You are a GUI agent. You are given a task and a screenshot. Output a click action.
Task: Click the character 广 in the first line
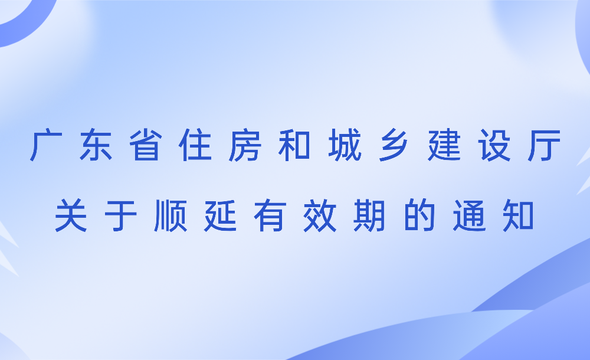[x=46, y=145]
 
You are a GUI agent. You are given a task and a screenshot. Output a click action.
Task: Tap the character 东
[x=96, y=145]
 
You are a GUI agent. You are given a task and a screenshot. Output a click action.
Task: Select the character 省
[x=146, y=145]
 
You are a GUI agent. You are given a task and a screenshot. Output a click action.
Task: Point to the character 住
[x=195, y=145]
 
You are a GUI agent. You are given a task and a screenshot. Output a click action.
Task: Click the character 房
[x=245, y=145]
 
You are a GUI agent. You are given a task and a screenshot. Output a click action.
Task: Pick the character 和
[x=294, y=145]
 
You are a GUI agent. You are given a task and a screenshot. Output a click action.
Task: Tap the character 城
[x=345, y=145]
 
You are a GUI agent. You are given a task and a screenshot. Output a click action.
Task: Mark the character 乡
[x=394, y=145]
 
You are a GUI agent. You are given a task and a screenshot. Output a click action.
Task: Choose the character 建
[x=444, y=145]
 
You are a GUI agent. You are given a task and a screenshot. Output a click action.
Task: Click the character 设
[x=494, y=145]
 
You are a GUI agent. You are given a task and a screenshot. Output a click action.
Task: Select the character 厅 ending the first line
[x=544, y=145]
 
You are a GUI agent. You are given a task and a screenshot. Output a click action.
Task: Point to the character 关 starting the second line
[x=71, y=215]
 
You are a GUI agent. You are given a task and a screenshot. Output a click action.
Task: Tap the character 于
[x=120, y=215]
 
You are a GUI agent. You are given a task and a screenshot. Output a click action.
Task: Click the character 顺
[x=171, y=215]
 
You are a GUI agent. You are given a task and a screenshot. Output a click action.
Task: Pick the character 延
[x=220, y=215]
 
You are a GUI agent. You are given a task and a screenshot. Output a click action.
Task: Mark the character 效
[x=320, y=215]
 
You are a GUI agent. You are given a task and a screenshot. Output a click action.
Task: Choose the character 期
[x=369, y=215]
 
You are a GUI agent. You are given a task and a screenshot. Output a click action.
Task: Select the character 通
[x=469, y=215]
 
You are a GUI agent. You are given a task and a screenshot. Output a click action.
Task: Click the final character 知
[x=519, y=215]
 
